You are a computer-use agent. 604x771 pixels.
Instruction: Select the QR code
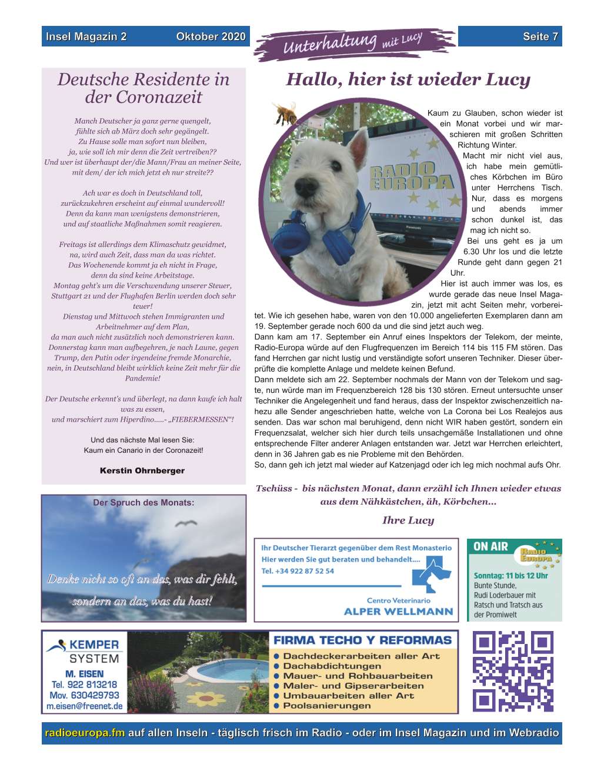click(513, 671)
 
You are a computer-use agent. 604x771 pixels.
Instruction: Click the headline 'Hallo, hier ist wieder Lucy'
click(408, 79)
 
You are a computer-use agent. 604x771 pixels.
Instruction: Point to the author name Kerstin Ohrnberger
click(142, 470)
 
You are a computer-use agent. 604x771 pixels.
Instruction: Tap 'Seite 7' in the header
click(540, 36)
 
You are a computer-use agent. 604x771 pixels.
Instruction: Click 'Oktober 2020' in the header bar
click(211, 36)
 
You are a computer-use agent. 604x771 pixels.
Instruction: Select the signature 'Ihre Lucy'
click(408, 520)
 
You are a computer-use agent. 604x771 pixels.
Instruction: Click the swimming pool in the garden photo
click(225, 671)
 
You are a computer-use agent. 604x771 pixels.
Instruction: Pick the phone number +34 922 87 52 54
click(298, 571)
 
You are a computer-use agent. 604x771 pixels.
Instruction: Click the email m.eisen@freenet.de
click(85, 706)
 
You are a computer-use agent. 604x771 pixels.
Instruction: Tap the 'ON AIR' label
click(490, 546)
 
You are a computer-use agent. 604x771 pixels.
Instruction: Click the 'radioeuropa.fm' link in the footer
click(85, 733)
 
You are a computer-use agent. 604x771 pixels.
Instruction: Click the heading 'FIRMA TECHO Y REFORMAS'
click(363, 640)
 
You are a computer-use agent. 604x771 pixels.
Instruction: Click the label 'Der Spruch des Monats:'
click(144, 502)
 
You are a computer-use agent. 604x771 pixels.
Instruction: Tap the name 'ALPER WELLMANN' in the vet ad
click(398, 611)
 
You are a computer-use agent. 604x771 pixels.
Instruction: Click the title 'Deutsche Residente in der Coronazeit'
click(144, 88)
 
